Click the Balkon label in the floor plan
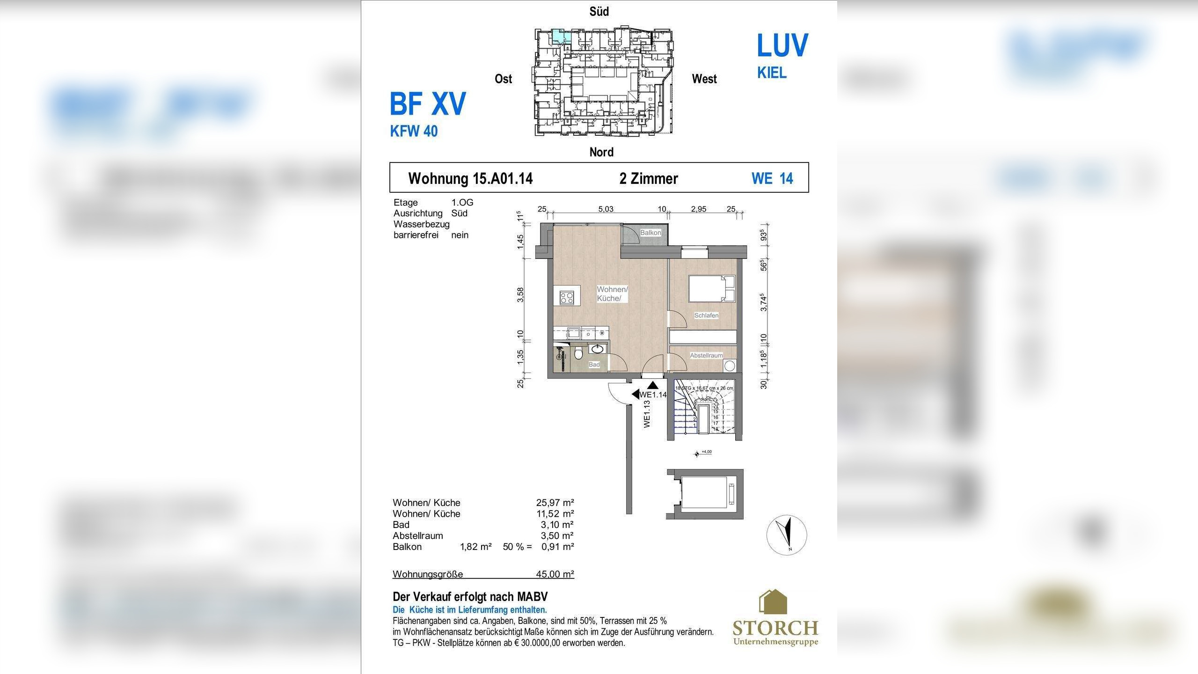(x=650, y=233)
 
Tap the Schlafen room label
(x=706, y=315)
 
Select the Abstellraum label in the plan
(x=706, y=356)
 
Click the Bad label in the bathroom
(x=594, y=365)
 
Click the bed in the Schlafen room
(x=712, y=289)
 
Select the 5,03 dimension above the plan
(x=606, y=209)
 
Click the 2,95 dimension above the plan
(x=699, y=209)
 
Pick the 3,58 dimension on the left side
(x=520, y=295)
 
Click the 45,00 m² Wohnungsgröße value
(x=555, y=574)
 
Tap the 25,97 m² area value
(x=555, y=503)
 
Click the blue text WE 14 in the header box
(x=772, y=178)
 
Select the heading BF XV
(x=428, y=104)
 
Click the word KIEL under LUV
(x=772, y=73)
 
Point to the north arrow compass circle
(x=787, y=535)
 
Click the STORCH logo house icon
(x=773, y=602)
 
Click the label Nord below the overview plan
(x=601, y=152)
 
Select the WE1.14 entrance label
(x=653, y=395)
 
